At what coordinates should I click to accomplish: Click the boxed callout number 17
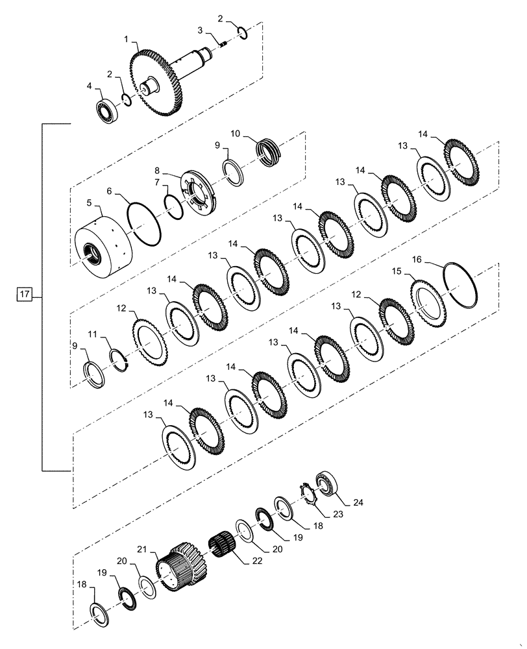pos(24,296)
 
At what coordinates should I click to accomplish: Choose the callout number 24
pos(358,502)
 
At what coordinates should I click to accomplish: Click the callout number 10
pos(235,134)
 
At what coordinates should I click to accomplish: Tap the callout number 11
pos(92,335)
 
